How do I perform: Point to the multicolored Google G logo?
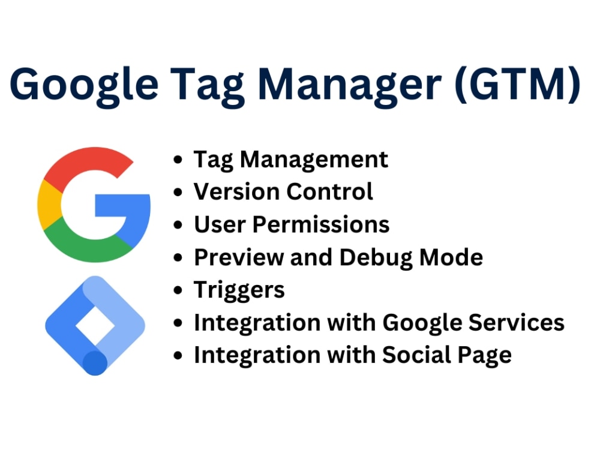(94, 205)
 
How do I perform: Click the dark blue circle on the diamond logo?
(94, 363)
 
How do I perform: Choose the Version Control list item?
(283, 192)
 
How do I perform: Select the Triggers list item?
(239, 290)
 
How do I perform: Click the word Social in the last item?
(417, 355)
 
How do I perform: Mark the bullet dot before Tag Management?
(178, 160)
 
